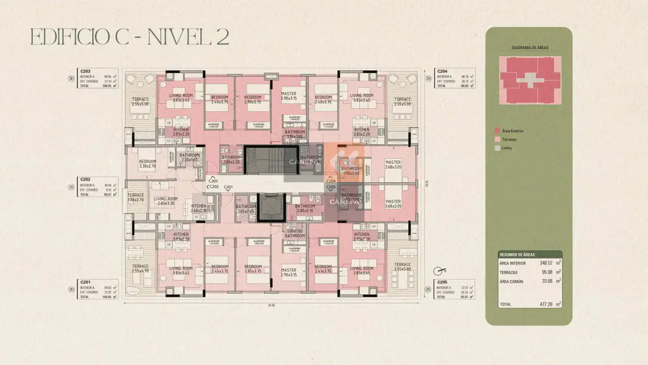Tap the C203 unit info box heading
click(85, 71)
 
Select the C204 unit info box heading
click(442, 71)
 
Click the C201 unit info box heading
click(85, 282)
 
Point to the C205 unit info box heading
click(442, 282)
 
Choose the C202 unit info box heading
click(85, 179)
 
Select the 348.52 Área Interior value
click(548, 263)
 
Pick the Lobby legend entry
click(507, 148)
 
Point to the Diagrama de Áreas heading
click(530, 48)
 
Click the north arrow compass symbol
click(438, 270)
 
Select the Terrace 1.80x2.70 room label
click(136, 197)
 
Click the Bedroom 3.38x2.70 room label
click(147, 164)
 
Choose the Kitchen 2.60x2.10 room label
click(199, 208)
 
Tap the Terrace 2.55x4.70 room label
click(140, 268)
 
